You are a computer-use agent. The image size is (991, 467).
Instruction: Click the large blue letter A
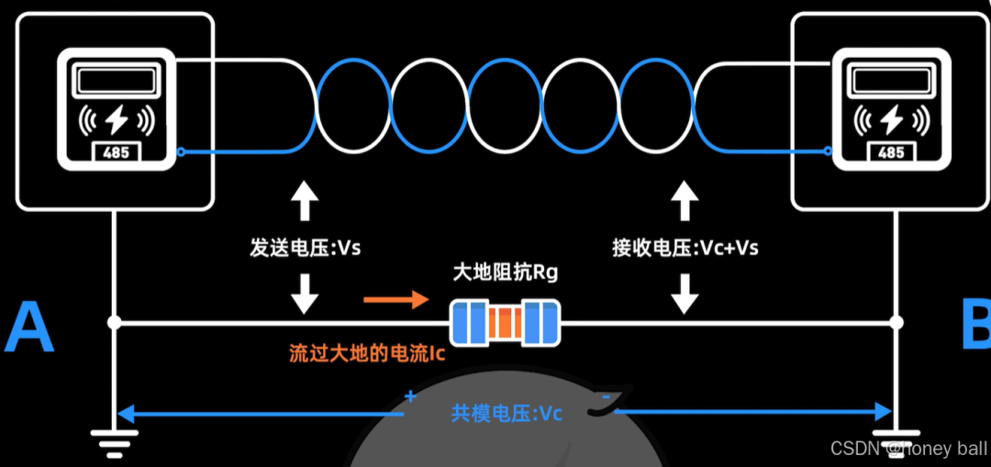(x=29, y=329)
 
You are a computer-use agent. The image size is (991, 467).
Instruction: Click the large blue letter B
(x=974, y=328)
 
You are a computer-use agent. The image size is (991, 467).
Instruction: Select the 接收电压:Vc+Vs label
(x=685, y=248)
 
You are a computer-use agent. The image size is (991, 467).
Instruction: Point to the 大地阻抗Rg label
(x=506, y=272)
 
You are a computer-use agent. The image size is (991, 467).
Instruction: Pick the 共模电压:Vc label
(x=507, y=413)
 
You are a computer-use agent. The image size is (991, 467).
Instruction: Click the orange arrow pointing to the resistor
(x=395, y=299)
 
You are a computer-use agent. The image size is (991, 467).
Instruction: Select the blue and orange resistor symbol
(x=506, y=322)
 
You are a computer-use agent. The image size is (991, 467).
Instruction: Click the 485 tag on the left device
(x=117, y=153)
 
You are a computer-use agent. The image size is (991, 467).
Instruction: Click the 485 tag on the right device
(x=891, y=153)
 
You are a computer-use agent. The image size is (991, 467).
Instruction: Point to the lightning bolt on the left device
(x=117, y=119)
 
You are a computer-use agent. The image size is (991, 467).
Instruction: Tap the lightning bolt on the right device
(x=891, y=119)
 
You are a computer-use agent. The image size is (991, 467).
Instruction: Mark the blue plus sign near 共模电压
(x=409, y=397)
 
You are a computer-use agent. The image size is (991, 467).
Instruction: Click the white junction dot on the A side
(x=114, y=322)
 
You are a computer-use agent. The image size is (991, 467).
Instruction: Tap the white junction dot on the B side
(x=896, y=322)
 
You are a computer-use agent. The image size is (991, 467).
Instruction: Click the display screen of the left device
(x=117, y=81)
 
